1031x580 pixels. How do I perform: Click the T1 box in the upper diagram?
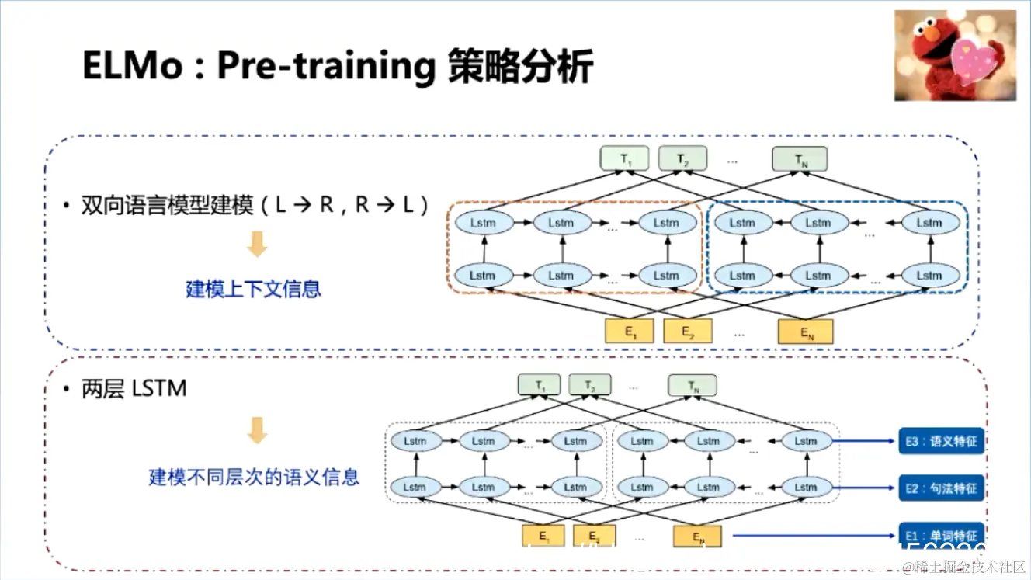(624, 159)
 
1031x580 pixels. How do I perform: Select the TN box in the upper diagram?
(800, 159)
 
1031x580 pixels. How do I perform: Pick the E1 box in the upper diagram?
(630, 332)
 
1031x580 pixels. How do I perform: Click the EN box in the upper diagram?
(806, 332)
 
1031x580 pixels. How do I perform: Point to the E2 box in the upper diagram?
(688, 332)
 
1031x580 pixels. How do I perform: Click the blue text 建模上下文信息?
(253, 290)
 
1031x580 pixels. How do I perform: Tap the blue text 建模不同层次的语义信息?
(254, 476)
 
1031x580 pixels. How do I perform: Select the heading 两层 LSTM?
(134, 388)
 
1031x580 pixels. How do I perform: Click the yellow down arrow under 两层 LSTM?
(257, 430)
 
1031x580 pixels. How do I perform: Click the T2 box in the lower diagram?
(590, 385)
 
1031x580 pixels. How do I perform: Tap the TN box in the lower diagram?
(693, 385)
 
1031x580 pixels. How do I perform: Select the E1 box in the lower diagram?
(544, 536)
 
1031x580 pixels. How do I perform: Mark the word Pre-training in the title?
(326, 65)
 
